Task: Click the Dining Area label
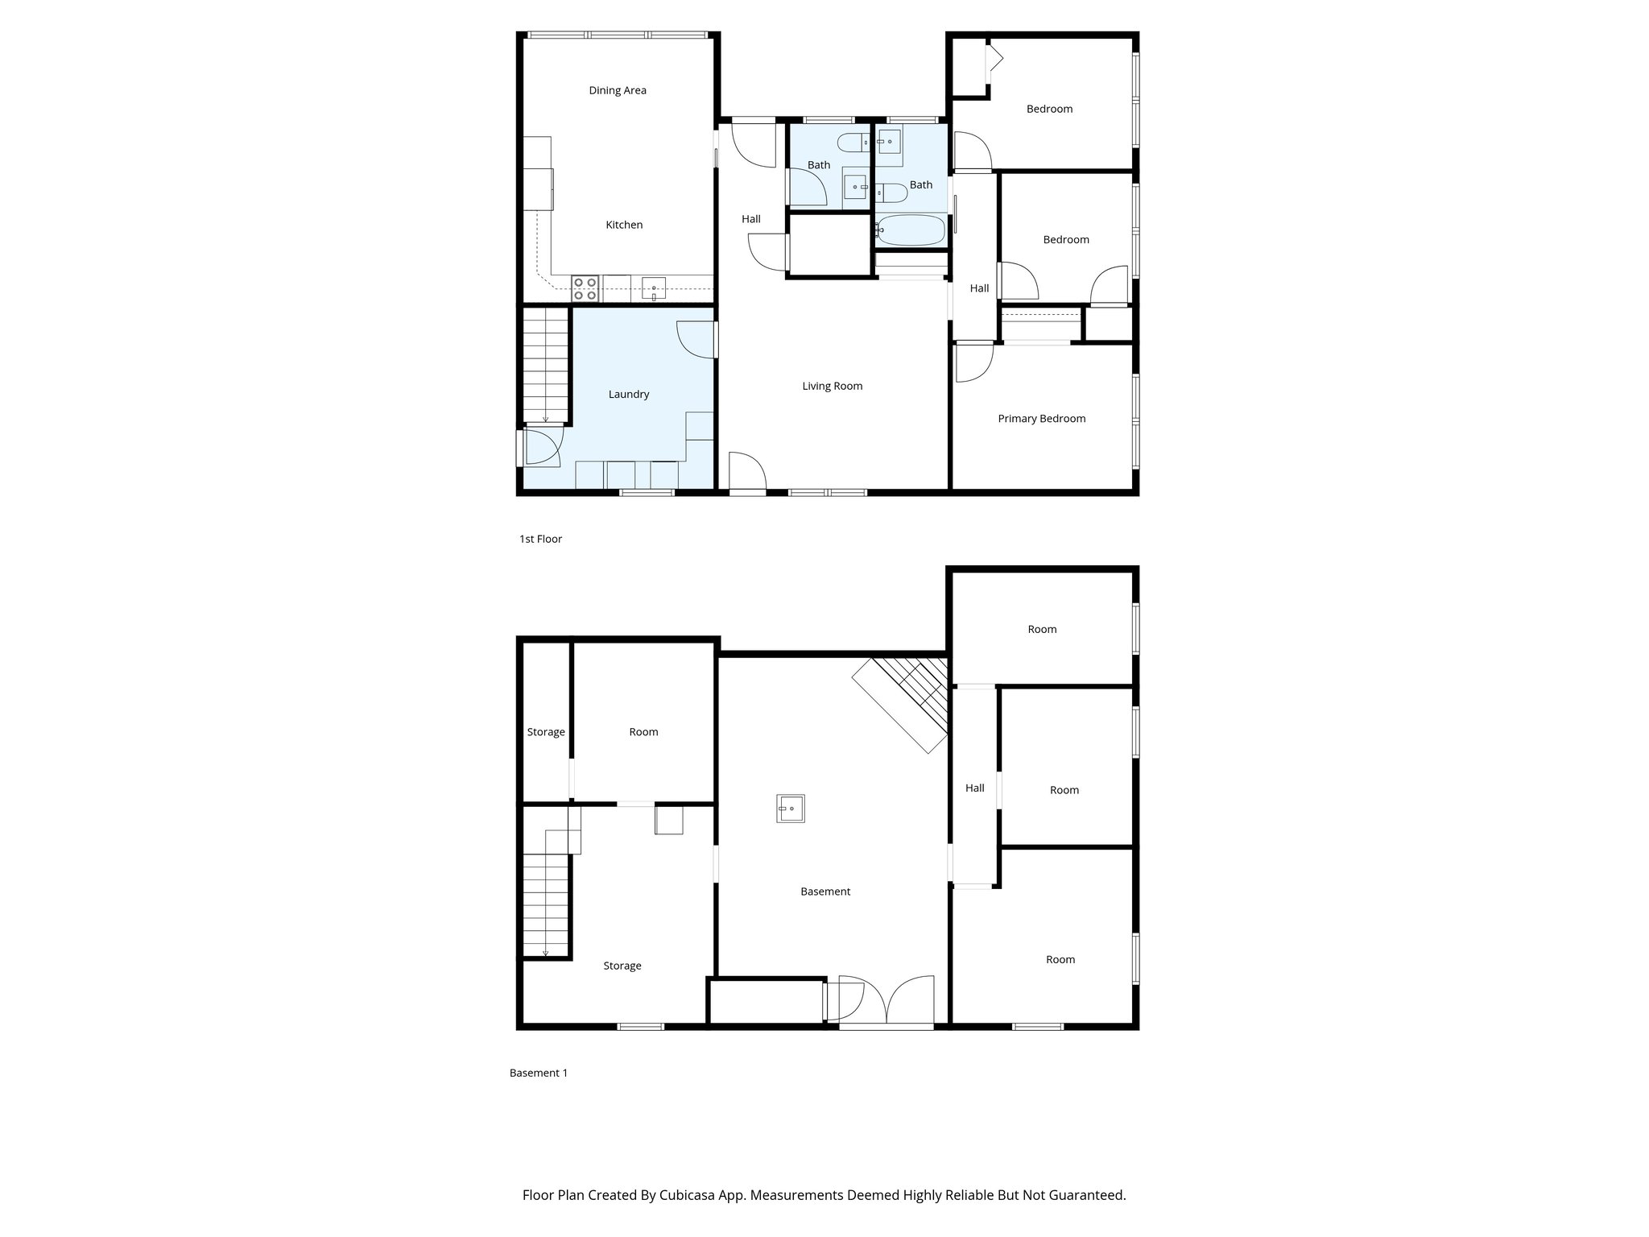click(617, 90)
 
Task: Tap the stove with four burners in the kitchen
click(585, 288)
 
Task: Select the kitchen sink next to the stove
click(654, 288)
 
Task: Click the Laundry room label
click(628, 394)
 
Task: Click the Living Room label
click(832, 386)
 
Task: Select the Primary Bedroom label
click(1041, 418)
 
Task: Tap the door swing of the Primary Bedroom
click(973, 363)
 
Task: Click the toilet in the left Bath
click(853, 144)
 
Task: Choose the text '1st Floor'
click(540, 539)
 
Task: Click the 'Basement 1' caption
click(538, 1073)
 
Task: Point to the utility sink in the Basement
click(790, 808)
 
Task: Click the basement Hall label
click(974, 788)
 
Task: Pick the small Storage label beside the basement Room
click(546, 732)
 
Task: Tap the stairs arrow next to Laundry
click(545, 416)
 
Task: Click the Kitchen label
click(624, 225)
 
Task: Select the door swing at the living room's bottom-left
click(746, 470)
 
